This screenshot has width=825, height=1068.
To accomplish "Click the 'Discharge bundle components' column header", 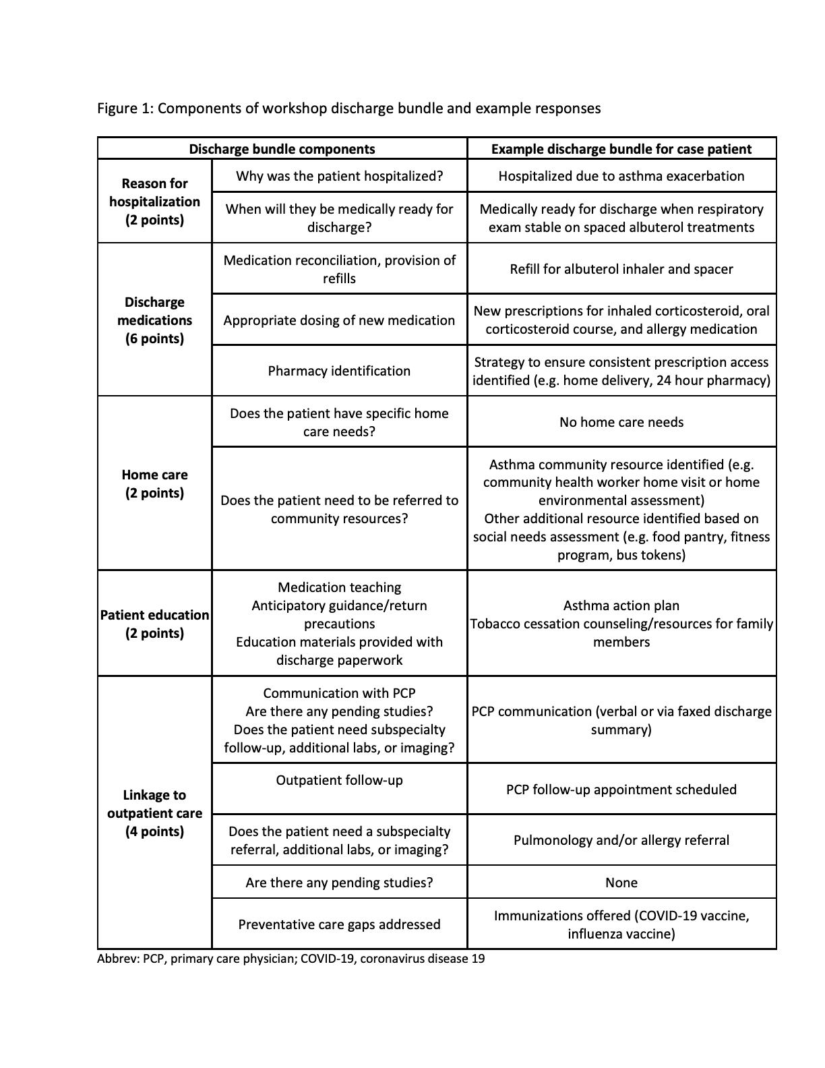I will point(282,149).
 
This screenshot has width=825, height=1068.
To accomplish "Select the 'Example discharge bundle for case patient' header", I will point(621,149).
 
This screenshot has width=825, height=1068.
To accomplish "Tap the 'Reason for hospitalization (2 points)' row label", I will point(154,202).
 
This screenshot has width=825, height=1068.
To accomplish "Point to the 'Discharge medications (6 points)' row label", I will point(154,320).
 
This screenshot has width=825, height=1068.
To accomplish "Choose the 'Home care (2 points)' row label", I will point(154,483).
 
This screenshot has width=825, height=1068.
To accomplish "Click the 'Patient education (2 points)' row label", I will point(154,624).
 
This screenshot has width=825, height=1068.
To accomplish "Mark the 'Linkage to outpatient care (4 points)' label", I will point(154,813).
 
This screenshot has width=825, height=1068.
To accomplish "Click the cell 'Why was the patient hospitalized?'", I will point(339,176).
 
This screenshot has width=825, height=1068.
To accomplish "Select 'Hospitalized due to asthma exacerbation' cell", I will point(621,176).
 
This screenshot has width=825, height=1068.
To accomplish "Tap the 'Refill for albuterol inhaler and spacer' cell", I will point(621,269).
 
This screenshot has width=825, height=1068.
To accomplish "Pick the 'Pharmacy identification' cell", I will point(339,371).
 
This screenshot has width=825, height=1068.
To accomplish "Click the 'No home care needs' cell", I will point(621,422).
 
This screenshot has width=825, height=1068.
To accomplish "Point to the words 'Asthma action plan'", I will point(621,605).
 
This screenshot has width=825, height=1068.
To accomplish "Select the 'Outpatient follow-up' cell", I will point(339,780).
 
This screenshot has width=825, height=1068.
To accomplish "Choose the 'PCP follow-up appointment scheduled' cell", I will point(621,790).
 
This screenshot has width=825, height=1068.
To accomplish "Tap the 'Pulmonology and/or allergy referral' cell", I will point(621,840).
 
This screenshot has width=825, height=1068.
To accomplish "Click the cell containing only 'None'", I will point(621,883).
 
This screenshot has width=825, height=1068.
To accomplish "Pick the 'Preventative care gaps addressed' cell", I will point(339,924).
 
